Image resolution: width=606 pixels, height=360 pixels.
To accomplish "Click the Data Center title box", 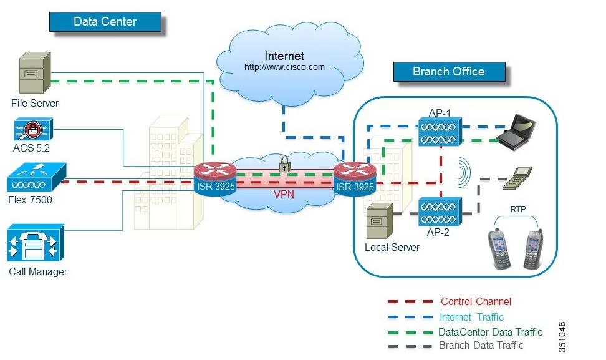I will tap(105, 21).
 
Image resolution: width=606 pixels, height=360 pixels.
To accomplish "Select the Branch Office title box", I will tap(448, 71).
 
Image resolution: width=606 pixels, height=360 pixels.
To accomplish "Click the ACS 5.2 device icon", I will tap(31, 130).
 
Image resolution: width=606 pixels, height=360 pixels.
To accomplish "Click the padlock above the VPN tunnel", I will tap(285, 164).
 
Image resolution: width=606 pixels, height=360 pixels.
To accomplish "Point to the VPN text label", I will tap(284, 194).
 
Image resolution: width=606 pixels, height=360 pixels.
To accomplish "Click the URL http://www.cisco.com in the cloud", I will tap(284, 67).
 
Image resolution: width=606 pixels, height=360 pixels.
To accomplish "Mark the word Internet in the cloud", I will tap(284, 56).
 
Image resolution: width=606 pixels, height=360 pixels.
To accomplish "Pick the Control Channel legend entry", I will tap(476, 302).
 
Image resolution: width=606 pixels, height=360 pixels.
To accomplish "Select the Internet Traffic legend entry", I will tap(471, 318).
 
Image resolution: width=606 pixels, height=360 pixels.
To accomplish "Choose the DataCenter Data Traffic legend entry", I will tap(490, 332).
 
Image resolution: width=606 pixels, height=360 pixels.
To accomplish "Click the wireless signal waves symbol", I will tap(464, 171).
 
